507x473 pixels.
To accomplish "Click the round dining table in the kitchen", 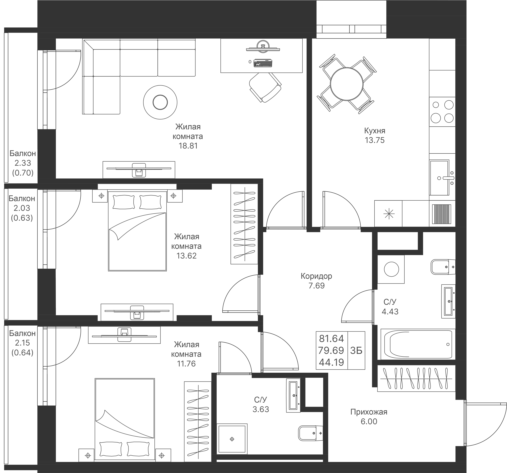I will (346, 84).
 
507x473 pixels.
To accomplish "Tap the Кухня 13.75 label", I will (374, 136).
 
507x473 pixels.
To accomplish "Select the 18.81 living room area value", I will (188, 146).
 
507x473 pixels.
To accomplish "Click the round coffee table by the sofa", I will (160, 102).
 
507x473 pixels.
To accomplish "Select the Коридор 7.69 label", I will (316, 281).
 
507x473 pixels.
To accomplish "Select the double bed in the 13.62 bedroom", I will (137, 231).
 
